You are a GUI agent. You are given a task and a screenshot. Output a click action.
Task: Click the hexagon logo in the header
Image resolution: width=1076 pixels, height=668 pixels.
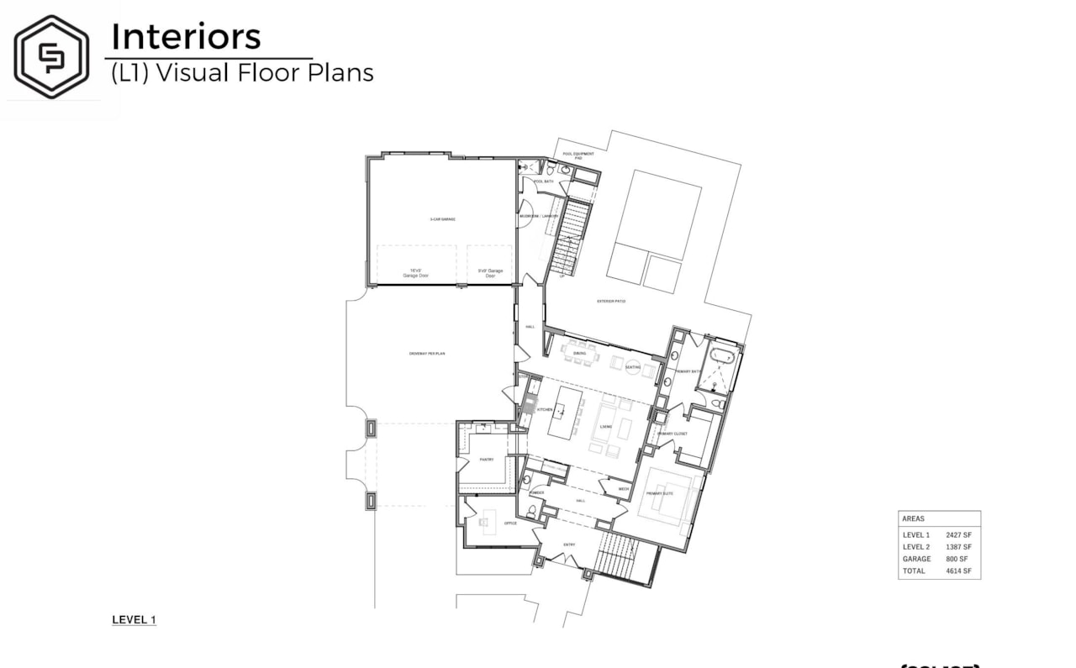[51, 56]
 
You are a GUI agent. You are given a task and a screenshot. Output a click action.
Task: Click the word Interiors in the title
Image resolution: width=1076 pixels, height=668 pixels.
[186, 37]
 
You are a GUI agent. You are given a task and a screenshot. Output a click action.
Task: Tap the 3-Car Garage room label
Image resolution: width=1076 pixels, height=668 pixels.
[442, 218]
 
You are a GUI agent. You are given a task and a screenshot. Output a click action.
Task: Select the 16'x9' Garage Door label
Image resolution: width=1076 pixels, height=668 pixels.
[415, 272]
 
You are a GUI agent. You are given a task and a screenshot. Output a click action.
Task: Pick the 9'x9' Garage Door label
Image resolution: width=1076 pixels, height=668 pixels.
[489, 272]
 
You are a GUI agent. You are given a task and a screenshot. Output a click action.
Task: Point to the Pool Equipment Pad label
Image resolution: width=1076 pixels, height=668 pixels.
[578, 155]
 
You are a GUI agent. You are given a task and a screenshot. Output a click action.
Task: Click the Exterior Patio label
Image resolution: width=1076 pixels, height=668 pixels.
[611, 301]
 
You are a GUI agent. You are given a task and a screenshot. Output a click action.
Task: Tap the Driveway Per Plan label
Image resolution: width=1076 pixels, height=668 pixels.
[427, 354]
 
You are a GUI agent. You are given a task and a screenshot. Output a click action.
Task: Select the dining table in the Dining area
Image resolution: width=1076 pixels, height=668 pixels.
[580, 354]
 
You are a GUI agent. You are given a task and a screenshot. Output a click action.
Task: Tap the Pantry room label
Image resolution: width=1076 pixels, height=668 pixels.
[487, 460]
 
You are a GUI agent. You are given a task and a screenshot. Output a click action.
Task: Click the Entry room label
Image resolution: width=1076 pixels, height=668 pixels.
[569, 544]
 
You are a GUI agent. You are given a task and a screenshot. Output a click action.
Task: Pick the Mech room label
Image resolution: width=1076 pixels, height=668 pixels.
[623, 489]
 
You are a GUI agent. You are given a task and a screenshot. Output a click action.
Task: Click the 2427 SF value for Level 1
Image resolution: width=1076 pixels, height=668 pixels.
[958, 534]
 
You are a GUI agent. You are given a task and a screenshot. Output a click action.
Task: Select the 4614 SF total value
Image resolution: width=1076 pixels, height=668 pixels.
[958, 571]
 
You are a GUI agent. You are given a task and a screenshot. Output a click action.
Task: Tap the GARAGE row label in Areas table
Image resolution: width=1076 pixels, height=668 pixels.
[916, 559]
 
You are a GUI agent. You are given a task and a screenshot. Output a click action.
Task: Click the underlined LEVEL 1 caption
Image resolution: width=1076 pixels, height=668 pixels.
[134, 620]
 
